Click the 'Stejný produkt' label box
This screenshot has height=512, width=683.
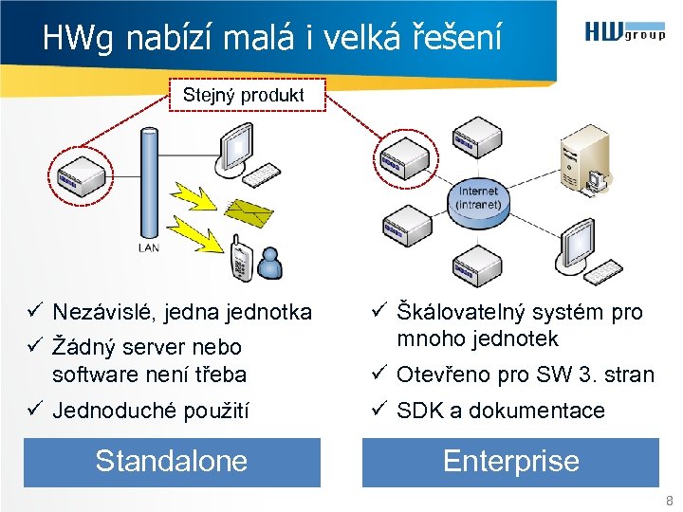[x=244, y=96]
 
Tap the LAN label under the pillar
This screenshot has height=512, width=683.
[x=149, y=247]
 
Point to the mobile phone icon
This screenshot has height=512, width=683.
[x=240, y=260]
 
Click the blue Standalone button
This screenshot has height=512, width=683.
[x=172, y=462]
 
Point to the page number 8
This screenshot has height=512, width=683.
[x=670, y=501]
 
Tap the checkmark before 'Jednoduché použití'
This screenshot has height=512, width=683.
[x=32, y=411]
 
